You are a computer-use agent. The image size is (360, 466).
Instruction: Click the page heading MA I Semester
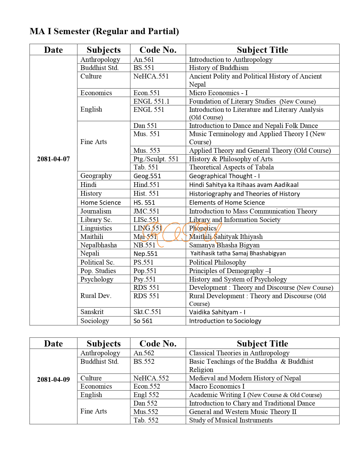click(104, 31)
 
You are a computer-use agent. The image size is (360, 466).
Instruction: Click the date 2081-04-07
click(53, 159)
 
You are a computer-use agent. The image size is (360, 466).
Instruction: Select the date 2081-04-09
click(53, 379)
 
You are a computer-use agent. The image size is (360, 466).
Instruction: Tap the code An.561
click(144, 60)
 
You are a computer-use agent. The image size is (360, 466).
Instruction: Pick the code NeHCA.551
click(151, 76)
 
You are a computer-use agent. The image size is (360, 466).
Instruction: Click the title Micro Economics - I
click(218, 93)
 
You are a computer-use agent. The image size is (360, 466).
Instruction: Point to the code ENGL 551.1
click(151, 101)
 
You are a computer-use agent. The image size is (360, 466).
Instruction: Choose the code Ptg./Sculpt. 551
click(156, 159)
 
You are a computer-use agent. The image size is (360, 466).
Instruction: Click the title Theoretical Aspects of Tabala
click(231, 167)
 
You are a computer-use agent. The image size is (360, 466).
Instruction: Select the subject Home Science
click(101, 202)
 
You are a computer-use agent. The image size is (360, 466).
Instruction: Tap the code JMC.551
click(146, 211)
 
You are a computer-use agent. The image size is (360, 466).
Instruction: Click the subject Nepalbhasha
click(99, 245)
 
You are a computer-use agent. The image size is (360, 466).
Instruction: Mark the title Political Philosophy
click(217, 262)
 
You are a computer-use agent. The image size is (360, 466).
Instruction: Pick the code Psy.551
click(145, 279)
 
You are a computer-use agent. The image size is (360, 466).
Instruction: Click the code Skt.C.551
click(147, 312)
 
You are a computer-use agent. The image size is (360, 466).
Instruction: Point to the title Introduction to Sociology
click(225, 321)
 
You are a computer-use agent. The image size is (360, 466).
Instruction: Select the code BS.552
click(144, 362)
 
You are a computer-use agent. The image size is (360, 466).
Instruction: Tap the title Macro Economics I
click(217, 386)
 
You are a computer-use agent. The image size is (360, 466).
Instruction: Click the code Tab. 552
click(146, 420)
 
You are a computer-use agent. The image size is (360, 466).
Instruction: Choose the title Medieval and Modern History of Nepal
click(245, 378)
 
